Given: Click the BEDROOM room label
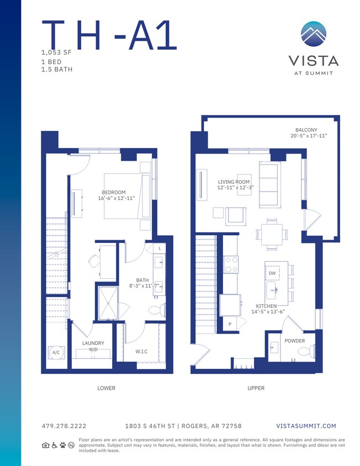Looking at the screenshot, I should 114,193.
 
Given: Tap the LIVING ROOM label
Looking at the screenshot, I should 234,182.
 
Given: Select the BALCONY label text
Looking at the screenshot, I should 306,130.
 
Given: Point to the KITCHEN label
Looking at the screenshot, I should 266,306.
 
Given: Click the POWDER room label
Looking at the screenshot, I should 294,341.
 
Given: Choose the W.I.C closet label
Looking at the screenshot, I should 141,352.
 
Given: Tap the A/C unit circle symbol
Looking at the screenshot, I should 56,352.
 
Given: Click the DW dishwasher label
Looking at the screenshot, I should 272,273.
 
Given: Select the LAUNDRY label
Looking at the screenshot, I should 93,343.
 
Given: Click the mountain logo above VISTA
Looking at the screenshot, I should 314,34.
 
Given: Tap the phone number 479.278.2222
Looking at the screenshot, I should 63,426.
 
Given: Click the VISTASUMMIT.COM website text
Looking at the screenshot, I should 305,426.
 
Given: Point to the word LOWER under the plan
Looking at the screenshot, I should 106,388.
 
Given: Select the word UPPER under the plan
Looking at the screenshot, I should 256,388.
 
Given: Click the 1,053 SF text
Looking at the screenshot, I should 56,52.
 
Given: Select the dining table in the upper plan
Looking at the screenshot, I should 272,234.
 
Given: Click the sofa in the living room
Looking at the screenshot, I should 269,184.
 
